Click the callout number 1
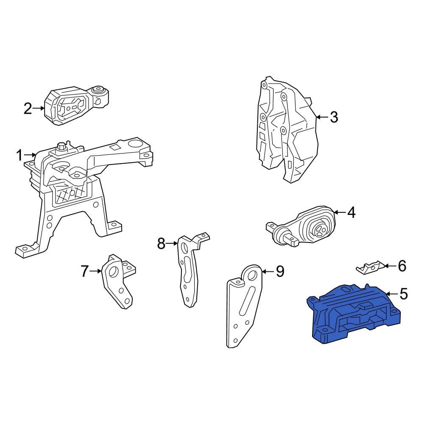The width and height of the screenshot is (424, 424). coord(19,156)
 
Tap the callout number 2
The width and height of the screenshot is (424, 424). coord(28,109)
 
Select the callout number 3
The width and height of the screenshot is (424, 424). coord(334,117)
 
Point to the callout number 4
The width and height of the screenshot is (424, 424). coord(351,212)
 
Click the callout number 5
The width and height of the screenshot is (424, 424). coord(404,294)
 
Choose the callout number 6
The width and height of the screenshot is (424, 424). coord(402,266)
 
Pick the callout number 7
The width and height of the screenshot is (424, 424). coord(85,271)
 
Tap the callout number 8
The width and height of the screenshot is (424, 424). coord(161,243)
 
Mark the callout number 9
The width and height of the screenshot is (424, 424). coord(280,271)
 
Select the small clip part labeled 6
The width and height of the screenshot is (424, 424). coord(370,267)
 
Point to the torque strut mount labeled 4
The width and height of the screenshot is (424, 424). coord(302,226)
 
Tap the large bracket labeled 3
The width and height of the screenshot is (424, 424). coord(287,130)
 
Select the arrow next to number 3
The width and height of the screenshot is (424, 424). coord(322,117)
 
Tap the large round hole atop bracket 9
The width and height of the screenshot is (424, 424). coord(251,276)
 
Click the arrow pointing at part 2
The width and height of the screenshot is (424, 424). coord(39,109)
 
